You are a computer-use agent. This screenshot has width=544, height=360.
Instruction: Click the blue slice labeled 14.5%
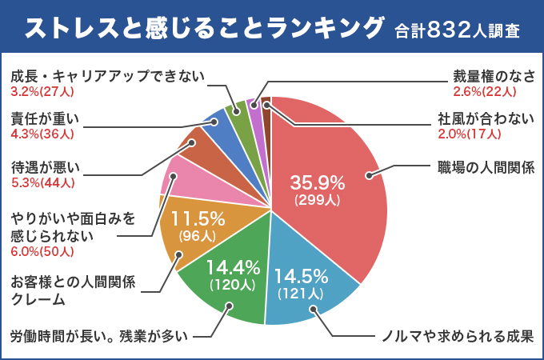(308, 288)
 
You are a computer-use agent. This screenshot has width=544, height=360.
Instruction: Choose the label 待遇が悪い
(45, 167)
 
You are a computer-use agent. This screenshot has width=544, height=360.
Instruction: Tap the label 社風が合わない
(486, 119)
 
